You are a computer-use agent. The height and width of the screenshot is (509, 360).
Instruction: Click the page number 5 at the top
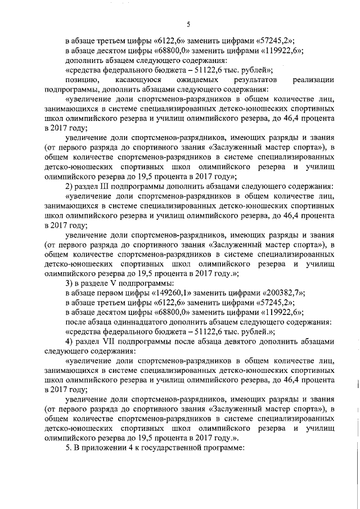(x=188, y=23)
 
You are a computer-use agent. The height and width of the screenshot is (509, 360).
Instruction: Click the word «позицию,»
(x=83, y=80)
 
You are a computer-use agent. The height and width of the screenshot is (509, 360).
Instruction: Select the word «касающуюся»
(x=139, y=80)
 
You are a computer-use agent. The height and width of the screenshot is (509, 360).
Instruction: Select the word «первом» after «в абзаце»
(x=112, y=292)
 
